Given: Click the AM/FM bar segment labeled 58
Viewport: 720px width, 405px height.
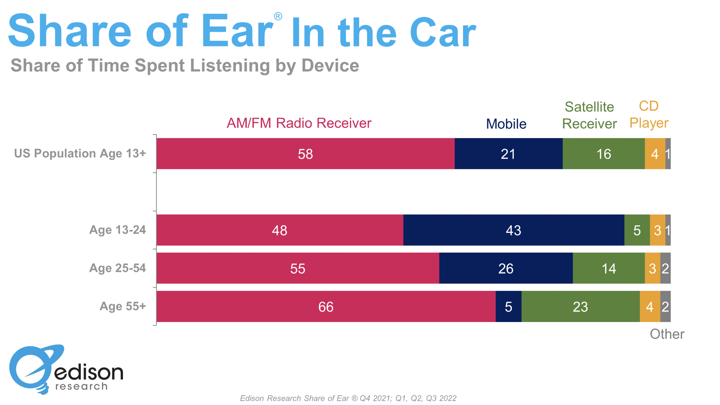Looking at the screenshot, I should (305, 154).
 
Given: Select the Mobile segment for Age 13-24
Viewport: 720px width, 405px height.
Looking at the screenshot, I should (513, 230).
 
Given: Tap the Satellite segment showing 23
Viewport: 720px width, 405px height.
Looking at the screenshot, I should (580, 307).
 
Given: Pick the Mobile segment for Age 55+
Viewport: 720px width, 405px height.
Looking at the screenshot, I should (508, 307).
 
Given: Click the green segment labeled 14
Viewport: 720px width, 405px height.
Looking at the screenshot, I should (609, 268).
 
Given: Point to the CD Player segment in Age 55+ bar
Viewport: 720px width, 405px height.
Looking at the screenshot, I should (650, 307).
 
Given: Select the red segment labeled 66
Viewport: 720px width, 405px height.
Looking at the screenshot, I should (326, 307).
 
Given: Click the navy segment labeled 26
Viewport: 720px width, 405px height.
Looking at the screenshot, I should (506, 268).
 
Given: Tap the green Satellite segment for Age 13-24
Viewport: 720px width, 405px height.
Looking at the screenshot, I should (637, 230).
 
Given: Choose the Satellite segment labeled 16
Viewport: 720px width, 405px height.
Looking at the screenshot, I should (603, 154).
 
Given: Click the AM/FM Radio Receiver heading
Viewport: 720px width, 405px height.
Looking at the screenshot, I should (299, 123).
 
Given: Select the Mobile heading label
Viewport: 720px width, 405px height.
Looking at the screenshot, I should (506, 124).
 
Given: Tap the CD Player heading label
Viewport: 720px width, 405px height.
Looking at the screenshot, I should (649, 114).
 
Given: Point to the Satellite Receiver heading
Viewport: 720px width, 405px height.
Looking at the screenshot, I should (589, 115).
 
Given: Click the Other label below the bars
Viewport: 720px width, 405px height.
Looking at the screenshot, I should (667, 334).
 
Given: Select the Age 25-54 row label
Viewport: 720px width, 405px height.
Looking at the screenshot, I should (117, 268).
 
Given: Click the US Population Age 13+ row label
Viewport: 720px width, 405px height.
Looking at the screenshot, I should (80, 153).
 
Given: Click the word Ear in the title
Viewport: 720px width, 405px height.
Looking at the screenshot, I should (237, 32).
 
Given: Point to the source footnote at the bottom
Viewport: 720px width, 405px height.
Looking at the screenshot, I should (348, 398).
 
